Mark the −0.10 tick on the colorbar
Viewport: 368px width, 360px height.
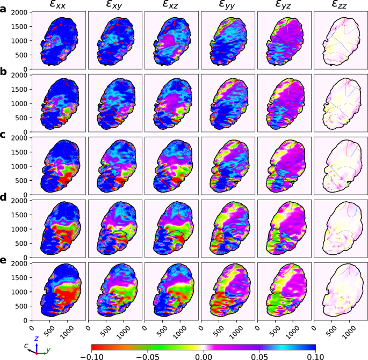point(92,355)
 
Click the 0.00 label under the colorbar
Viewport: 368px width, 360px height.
point(204,355)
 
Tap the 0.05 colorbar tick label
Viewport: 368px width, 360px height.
point(259,355)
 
